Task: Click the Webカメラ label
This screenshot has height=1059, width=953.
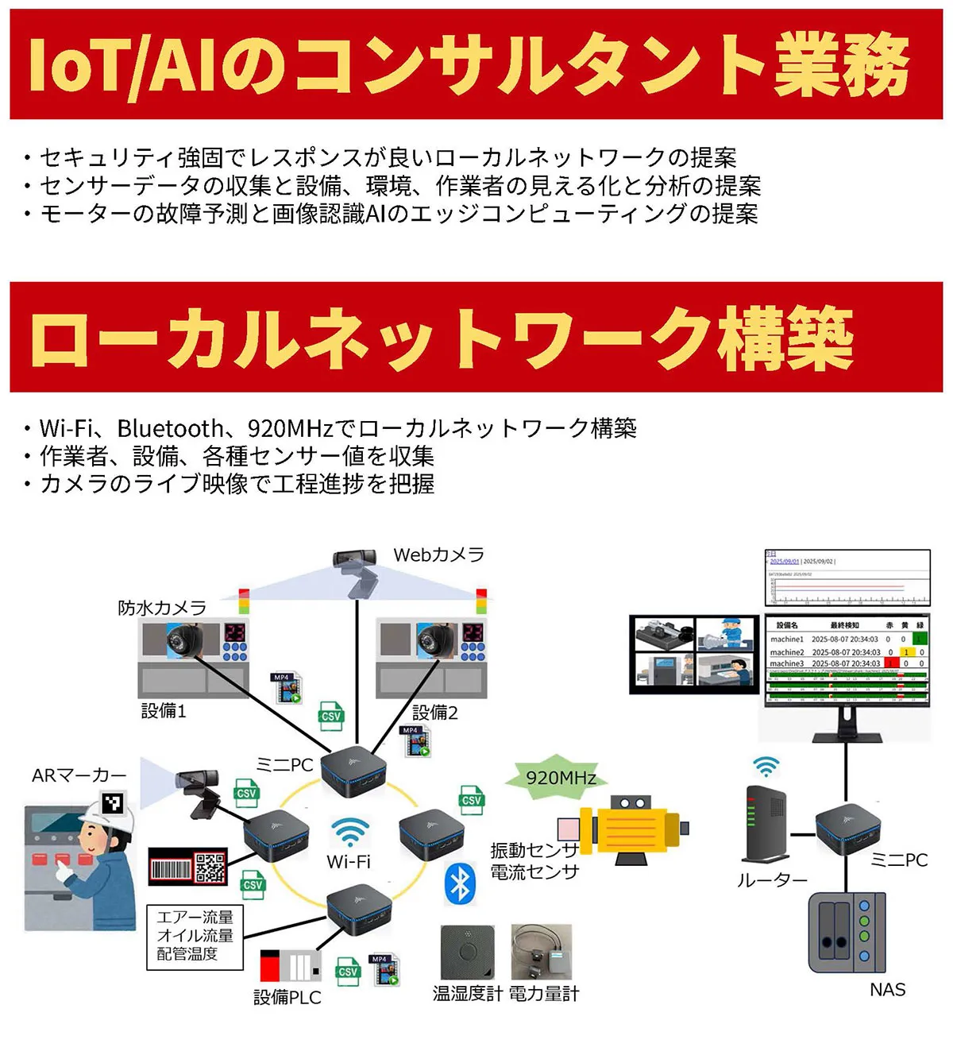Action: point(438,555)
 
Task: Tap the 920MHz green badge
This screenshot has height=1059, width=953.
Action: point(561,777)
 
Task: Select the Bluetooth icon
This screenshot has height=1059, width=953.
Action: point(460,883)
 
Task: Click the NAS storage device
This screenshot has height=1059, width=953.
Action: point(847,933)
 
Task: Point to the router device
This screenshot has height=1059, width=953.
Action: point(766,825)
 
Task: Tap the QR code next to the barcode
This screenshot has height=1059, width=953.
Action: point(210,868)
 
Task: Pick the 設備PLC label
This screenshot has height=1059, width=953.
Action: point(287,997)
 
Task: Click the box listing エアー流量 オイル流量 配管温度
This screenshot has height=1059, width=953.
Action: point(195,937)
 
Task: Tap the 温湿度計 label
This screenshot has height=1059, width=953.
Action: point(467,993)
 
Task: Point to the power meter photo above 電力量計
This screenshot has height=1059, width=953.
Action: point(541,951)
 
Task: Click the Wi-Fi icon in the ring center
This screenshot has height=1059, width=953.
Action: point(349,833)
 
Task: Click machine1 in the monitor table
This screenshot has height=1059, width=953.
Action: point(786,639)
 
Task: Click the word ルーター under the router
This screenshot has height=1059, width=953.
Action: point(772,880)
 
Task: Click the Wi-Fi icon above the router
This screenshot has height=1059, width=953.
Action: point(766,766)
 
